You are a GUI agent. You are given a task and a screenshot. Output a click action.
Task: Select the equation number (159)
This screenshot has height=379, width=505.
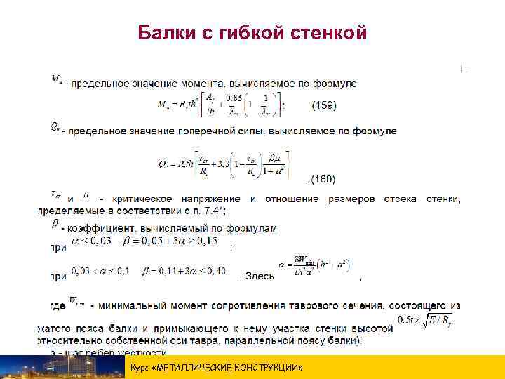323,106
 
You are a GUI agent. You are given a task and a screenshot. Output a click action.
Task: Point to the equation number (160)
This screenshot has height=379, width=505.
323,180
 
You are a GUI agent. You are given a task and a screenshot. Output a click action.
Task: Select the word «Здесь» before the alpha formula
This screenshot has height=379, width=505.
260,276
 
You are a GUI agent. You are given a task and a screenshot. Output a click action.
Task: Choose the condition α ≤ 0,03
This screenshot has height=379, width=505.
91,241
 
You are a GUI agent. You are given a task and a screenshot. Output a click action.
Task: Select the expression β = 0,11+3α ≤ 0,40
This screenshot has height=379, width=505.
184,271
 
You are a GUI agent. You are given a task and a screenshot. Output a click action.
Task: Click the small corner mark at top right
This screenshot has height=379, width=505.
463,69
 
